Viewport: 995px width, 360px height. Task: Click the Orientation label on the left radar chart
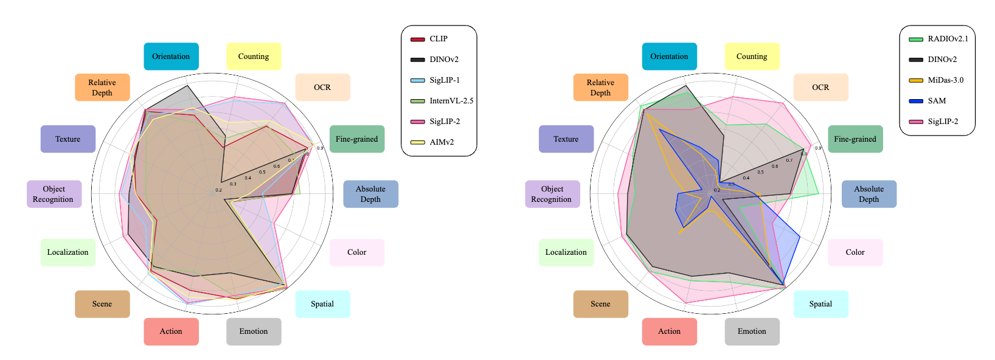pos(171,57)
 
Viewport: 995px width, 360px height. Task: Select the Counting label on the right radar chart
pos(752,57)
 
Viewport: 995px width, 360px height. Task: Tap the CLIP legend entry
pos(438,39)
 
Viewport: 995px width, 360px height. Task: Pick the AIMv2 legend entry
pos(441,142)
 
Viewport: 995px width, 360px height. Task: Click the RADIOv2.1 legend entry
pos(947,39)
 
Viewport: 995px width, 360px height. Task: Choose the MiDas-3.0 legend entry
pos(945,80)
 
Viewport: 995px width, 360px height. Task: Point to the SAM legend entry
pos(937,101)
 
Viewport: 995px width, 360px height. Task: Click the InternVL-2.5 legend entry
pos(451,101)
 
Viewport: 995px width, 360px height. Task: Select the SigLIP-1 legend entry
pos(444,80)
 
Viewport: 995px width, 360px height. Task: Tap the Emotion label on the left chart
pos(254,331)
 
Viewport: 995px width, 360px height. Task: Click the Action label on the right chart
pos(669,331)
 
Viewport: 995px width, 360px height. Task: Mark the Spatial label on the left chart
pos(322,304)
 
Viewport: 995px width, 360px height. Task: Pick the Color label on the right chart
pos(855,252)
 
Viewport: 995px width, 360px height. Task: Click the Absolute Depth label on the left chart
pos(370,194)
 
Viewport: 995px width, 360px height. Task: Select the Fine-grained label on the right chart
pos(855,139)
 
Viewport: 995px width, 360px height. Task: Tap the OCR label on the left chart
pos(322,88)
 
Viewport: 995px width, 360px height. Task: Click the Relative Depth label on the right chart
pos(600,88)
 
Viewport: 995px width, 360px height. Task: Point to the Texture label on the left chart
pos(68,139)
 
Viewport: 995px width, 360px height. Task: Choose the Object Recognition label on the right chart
pos(552,194)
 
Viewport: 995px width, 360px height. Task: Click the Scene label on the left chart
pos(102,304)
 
